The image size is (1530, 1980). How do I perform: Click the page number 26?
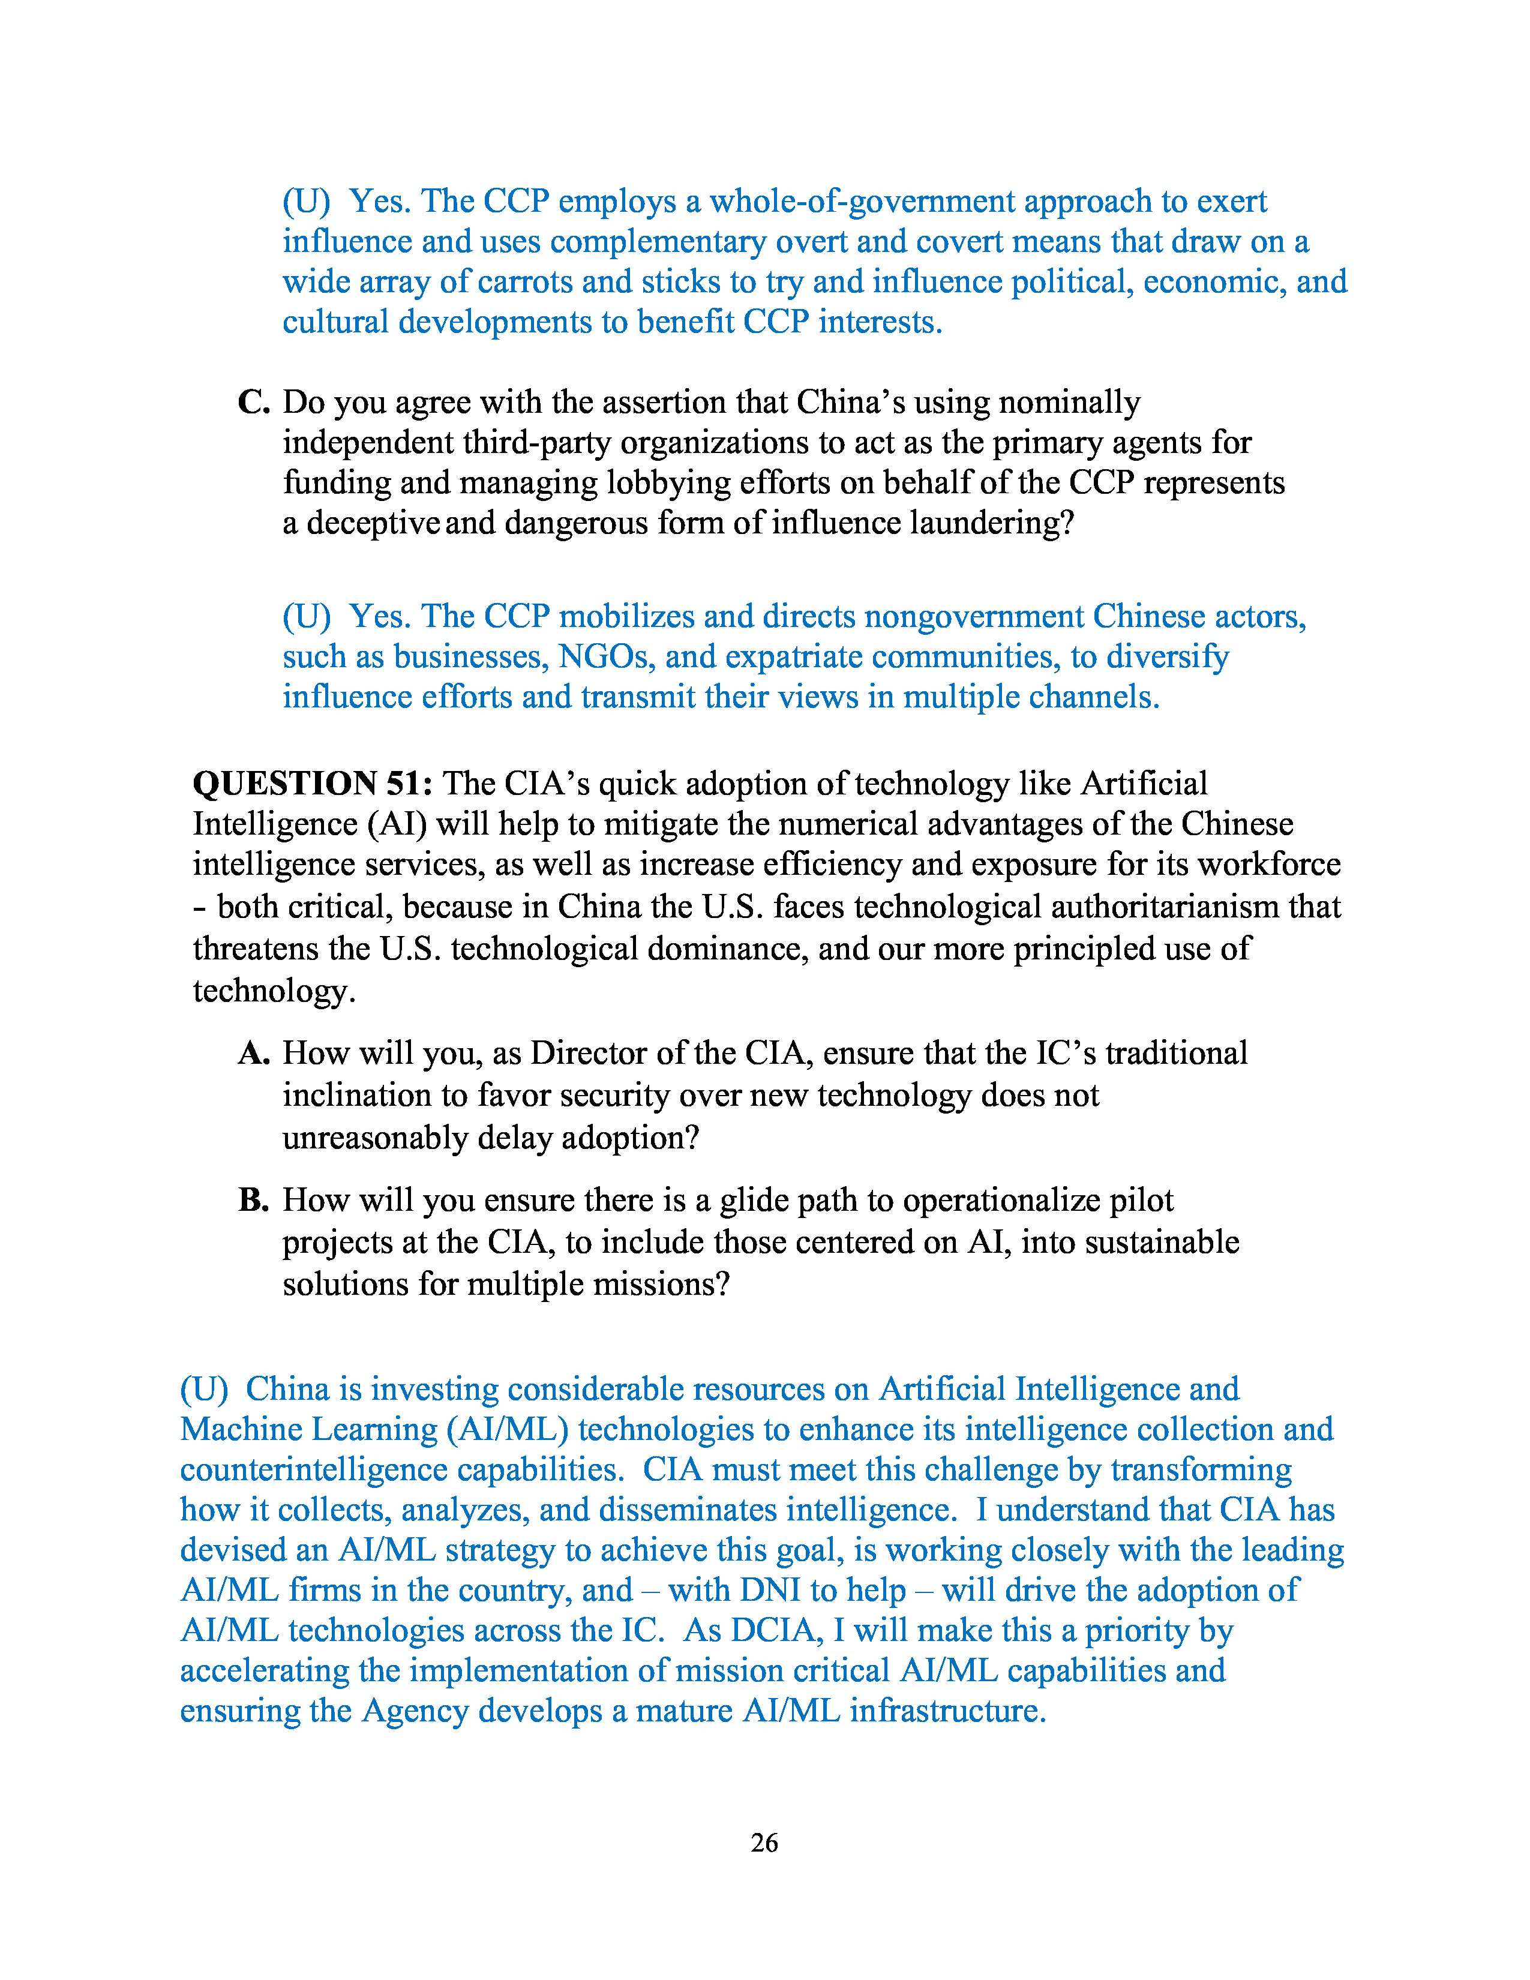tap(764, 1842)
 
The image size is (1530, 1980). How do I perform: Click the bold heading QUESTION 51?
tap(313, 783)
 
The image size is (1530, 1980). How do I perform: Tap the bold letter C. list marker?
tap(254, 401)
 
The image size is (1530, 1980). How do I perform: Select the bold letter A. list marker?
tap(254, 1052)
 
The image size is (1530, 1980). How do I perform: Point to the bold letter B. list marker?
tap(254, 1199)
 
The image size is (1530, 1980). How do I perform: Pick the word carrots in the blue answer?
tap(525, 282)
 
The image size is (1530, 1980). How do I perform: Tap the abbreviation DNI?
tap(770, 1590)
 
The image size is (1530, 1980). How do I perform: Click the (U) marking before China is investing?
tap(204, 1389)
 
